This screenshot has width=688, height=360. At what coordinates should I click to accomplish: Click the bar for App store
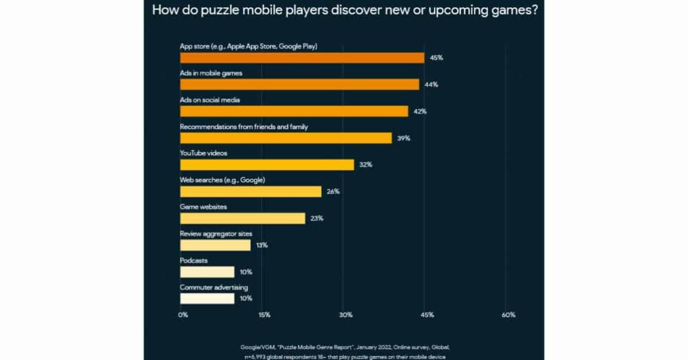click(302, 58)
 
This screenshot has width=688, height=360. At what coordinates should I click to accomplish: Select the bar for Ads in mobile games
click(299, 85)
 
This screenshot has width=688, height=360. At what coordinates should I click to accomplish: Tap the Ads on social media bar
click(294, 111)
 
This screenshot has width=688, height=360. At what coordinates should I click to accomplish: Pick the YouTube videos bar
click(267, 165)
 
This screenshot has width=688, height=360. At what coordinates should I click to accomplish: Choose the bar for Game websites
click(243, 218)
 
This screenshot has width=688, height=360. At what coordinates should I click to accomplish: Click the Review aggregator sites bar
click(215, 245)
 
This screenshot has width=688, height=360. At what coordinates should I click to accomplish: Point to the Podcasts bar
click(207, 272)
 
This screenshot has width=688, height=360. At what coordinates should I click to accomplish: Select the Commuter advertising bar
click(207, 298)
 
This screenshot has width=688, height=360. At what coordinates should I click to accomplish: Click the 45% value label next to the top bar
click(437, 58)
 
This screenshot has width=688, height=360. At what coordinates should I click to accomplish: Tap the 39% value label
click(404, 138)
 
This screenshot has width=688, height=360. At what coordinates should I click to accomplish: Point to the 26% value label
click(333, 191)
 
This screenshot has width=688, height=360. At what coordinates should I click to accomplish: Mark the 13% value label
click(262, 245)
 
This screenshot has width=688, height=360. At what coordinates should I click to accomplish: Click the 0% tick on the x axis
click(183, 315)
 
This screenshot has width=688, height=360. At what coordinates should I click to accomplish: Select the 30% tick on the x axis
click(345, 315)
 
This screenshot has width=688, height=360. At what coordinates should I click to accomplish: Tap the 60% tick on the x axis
click(509, 315)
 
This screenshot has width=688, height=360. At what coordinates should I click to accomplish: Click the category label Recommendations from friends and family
click(244, 126)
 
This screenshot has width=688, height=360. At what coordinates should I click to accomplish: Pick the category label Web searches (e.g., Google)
click(222, 180)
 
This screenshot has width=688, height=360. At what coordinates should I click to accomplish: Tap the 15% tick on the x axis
click(264, 315)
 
